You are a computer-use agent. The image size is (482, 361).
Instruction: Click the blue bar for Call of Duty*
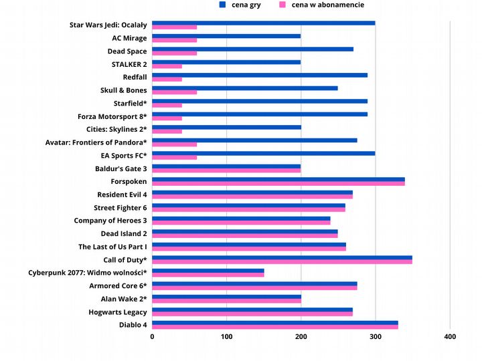click(x=282, y=257)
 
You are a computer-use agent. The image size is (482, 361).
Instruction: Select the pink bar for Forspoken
click(x=278, y=183)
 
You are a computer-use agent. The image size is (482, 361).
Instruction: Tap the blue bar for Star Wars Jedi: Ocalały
click(x=264, y=23)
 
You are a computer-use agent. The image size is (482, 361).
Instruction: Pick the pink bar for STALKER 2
click(x=167, y=66)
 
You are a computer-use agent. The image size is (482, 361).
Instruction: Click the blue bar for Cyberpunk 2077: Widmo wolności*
click(x=208, y=270)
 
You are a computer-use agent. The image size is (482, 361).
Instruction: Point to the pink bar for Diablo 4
click(x=275, y=326)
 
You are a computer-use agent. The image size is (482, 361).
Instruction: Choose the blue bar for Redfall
click(x=260, y=75)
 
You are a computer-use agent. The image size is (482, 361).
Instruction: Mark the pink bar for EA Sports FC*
click(x=175, y=157)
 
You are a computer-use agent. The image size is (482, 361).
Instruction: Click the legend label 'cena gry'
click(x=246, y=5)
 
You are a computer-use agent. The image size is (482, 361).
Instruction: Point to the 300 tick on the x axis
click(x=375, y=337)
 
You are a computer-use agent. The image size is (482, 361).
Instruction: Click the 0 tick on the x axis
click(x=153, y=337)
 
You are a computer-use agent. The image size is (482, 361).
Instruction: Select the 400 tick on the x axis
click(x=450, y=337)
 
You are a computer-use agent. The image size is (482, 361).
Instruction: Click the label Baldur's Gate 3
click(x=121, y=168)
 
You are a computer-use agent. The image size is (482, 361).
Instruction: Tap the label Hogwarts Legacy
click(x=118, y=312)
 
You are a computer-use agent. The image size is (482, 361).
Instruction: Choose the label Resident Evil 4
click(x=122, y=195)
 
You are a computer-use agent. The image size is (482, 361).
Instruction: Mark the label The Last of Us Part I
click(x=112, y=247)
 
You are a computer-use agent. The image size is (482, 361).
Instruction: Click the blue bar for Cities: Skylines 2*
click(x=227, y=127)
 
